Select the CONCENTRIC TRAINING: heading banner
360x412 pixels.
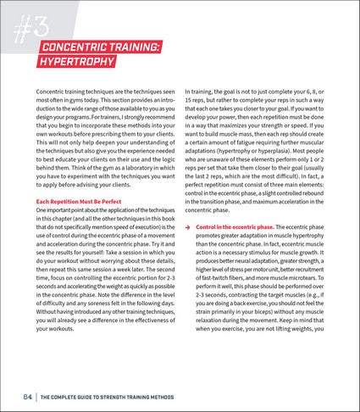pyautogui.click(x=96, y=47)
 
